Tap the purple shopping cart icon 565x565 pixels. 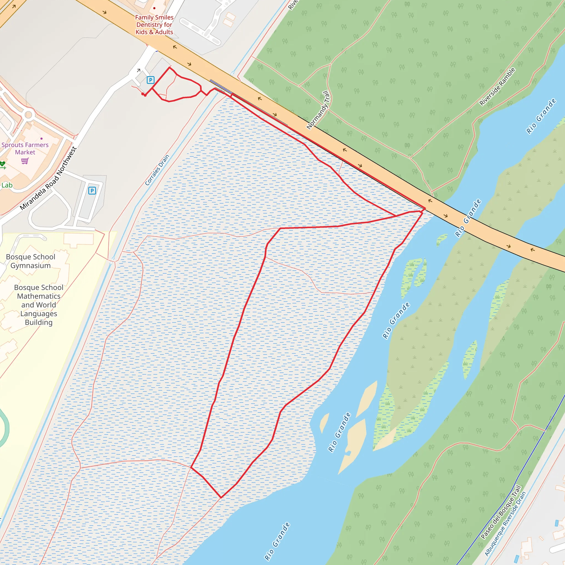click(25, 161)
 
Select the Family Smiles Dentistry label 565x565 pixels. click(154, 25)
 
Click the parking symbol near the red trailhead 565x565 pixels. click(150, 80)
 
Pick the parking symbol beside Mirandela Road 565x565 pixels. click(92, 191)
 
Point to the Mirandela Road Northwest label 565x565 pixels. click(48, 178)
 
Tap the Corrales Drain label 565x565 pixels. click(157, 170)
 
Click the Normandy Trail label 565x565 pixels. click(318, 110)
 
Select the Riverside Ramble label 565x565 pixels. click(497, 86)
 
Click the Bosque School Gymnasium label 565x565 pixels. click(31, 261)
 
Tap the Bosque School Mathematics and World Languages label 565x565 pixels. click(39, 305)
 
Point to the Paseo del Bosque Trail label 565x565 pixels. click(501, 512)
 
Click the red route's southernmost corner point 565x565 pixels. click(221, 497)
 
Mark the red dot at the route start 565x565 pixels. click(143, 94)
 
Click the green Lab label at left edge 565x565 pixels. click(7, 185)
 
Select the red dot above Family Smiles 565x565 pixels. click(154, 8)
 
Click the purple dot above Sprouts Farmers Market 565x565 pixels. click(42, 138)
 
